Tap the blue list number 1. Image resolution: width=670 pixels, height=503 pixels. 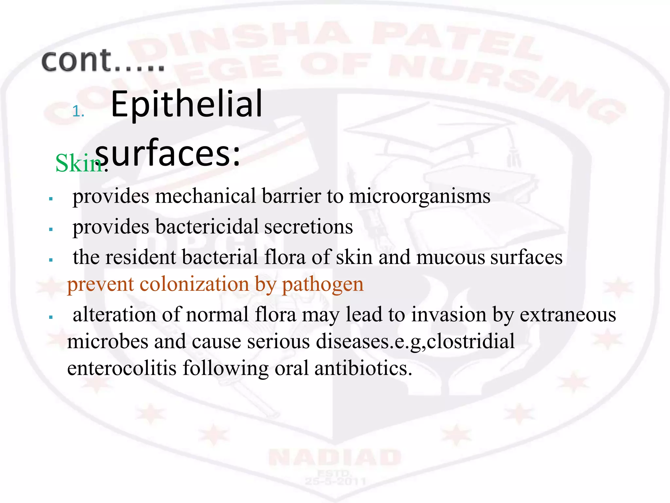point(78,112)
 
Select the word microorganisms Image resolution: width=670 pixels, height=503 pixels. point(419,196)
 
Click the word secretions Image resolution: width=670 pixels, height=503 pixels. point(309,227)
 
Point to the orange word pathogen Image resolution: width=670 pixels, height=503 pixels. point(323,285)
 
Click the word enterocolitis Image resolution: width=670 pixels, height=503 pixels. point(122,368)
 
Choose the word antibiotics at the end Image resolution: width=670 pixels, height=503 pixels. point(363,368)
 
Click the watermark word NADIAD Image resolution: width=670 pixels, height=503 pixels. point(335,457)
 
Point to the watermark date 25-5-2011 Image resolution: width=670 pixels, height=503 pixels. point(335,481)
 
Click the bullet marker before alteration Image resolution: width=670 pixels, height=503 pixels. point(51,317)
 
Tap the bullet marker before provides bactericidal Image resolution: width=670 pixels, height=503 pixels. point(51,229)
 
